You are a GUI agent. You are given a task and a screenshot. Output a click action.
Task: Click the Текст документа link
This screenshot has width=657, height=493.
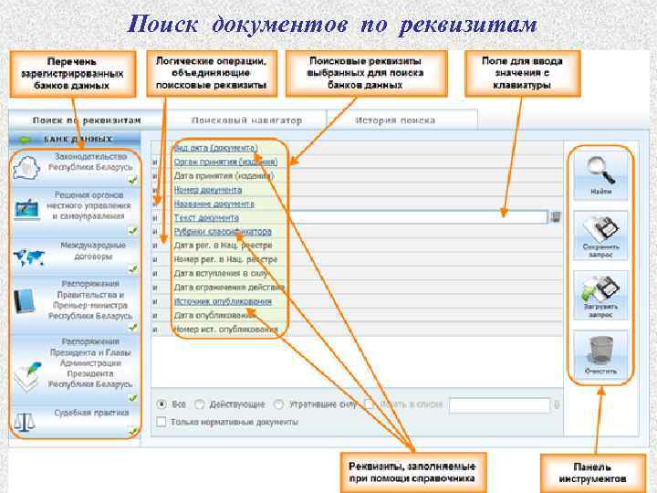click(206, 218)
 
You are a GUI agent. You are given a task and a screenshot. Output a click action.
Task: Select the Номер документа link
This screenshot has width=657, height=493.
click(208, 190)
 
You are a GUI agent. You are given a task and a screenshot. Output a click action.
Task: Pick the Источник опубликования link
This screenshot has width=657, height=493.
click(223, 301)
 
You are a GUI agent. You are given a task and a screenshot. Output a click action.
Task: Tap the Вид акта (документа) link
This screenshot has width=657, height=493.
click(216, 148)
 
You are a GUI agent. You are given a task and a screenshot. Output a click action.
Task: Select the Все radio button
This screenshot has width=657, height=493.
click(162, 404)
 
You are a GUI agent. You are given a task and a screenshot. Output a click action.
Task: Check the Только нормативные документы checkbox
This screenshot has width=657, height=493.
click(162, 422)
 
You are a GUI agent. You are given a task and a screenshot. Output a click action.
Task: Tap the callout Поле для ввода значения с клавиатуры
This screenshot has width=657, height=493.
click(522, 73)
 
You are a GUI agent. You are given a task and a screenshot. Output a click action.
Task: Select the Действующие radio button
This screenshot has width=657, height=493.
click(202, 404)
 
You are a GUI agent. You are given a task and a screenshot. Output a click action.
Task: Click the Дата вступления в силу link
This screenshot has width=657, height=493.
click(220, 273)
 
